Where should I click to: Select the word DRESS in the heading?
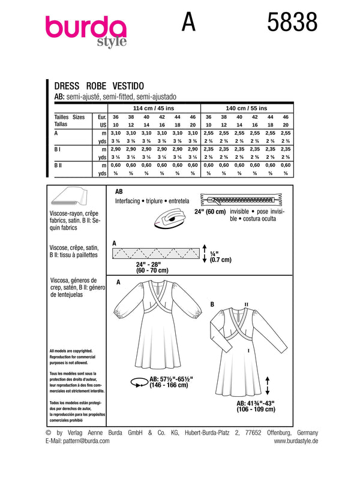67,86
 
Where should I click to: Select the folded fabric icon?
68,197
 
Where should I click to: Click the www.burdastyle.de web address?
295,441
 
